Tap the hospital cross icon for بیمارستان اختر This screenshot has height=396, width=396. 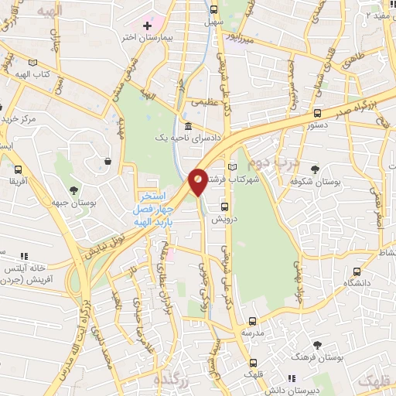click(147, 26)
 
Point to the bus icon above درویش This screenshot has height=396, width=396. click(225, 207)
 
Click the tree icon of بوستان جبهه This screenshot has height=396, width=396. click(73, 189)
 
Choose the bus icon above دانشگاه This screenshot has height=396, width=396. click(357, 271)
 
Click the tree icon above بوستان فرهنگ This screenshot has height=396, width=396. click(317, 345)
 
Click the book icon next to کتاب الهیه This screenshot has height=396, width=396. click(32, 62)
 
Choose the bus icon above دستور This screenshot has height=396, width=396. click(317, 112)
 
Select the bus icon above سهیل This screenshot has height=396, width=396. click(213, 10)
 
